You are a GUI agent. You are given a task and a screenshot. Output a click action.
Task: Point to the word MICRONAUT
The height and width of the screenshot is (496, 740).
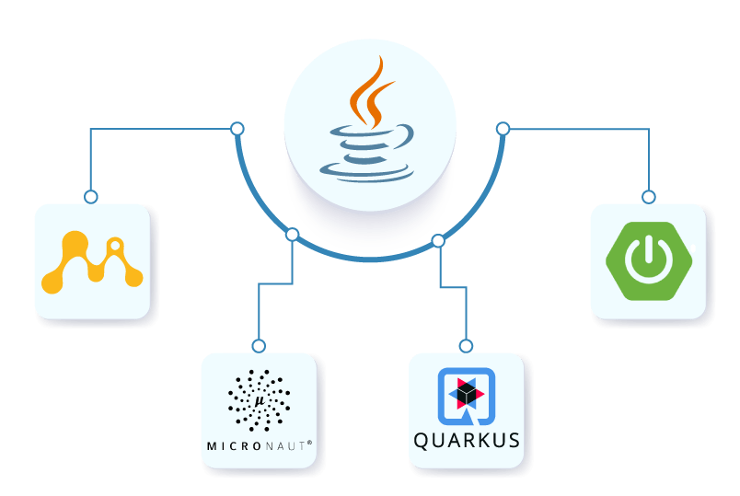point(258,446)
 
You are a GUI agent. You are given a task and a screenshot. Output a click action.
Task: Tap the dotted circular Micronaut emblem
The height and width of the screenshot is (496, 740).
point(259,400)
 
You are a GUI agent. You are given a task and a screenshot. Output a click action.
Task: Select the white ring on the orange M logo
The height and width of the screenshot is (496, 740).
point(115,247)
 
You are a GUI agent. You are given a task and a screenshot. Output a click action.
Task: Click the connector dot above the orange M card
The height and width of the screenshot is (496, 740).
point(90,197)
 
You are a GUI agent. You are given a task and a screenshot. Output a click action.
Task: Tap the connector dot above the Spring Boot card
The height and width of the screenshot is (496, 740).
point(649,197)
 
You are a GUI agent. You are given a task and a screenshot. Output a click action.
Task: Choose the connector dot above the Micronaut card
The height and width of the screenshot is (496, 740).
point(259,346)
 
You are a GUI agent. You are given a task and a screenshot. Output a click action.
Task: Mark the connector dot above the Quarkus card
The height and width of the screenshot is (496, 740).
point(466,346)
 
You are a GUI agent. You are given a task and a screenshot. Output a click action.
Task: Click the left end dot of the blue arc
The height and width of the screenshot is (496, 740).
point(237,128)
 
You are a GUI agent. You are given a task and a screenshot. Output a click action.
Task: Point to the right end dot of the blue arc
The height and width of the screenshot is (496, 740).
point(503,128)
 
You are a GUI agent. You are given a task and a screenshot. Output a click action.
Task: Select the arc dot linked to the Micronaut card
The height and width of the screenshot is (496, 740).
point(292,235)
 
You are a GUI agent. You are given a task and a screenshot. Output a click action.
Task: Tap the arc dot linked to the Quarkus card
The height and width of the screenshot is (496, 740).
point(438,241)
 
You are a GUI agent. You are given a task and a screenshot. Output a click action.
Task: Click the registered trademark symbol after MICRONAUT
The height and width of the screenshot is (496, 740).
point(309,444)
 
